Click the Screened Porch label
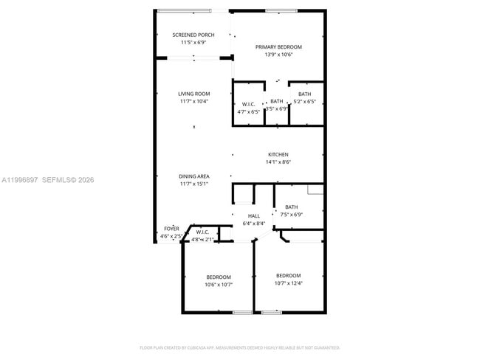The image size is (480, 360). click(x=193, y=35)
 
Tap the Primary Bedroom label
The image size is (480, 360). click(x=278, y=46)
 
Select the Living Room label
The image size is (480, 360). click(x=193, y=94)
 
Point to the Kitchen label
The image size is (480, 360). click(x=278, y=154)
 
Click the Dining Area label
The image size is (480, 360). click(x=193, y=176)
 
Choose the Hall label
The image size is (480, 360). click(x=253, y=215)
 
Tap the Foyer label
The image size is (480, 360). click(x=171, y=229)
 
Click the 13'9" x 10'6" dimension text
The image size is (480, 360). click(x=278, y=54)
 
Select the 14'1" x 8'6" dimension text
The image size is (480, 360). click(x=278, y=162)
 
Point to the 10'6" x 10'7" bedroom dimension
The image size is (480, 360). click(x=219, y=284)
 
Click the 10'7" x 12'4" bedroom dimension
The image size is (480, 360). click(x=288, y=283)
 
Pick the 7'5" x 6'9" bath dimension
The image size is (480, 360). click(x=291, y=215)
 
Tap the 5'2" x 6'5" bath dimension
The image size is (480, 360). click(x=304, y=102)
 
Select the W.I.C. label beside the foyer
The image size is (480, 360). click(x=203, y=232)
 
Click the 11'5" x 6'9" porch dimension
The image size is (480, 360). click(x=193, y=42)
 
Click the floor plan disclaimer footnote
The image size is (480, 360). click(x=239, y=347)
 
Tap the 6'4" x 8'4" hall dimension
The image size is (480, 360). click(x=253, y=223)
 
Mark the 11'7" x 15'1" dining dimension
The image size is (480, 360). click(x=193, y=184)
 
